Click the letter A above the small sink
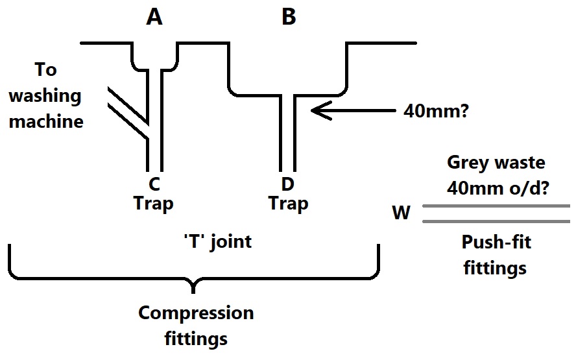(x=154, y=18)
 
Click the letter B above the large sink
(x=289, y=18)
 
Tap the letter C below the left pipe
(x=154, y=185)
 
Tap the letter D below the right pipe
(x=288, y=185)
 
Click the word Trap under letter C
(x=154, y=204)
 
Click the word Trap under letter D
(x=288, y=204)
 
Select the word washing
(x=45, y=96)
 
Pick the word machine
(x=46, y=121)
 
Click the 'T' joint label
(x=217, y=243)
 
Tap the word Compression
(x=195, y=313)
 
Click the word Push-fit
(x=494, y=243)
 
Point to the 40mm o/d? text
(x=495, y=188)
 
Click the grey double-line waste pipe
(x=496, y=213)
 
